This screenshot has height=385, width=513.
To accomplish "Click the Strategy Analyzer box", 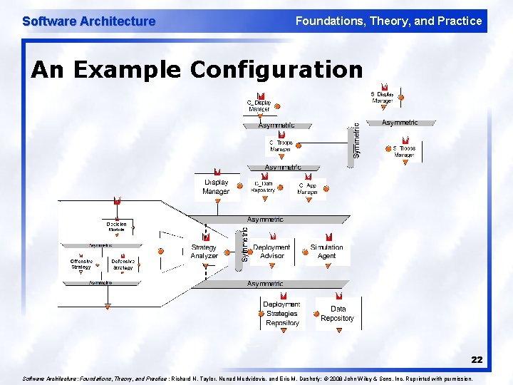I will tap(204, 251).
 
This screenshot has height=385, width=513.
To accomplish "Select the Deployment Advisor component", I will tap(271, 251).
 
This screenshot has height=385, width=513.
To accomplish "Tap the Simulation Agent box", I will tap(327, 251).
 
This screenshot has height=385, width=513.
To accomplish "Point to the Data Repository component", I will tap(337, 314).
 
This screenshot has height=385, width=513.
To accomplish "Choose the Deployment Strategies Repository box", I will tap(282, 314).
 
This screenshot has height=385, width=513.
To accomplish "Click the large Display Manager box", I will tap(216, 187).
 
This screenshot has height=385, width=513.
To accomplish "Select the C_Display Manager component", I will tap(259, 106).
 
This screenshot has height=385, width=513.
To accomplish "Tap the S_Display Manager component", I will tap(382, 98).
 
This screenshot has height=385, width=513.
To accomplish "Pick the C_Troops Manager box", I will tap(280, 145).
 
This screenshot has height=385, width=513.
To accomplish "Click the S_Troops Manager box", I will tap(404, 151).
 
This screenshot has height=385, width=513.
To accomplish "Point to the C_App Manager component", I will tap(307, 188).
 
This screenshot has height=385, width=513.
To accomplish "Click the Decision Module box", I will tap(116, 227).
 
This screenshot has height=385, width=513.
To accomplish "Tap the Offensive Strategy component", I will tap(81, 264).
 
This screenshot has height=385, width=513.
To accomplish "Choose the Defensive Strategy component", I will tap(123, 264).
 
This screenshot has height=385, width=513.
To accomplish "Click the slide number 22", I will tap(476, 360).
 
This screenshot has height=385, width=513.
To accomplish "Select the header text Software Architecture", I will tap(88, 21).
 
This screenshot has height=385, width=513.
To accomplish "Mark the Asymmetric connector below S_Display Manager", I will tap(400, 123).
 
